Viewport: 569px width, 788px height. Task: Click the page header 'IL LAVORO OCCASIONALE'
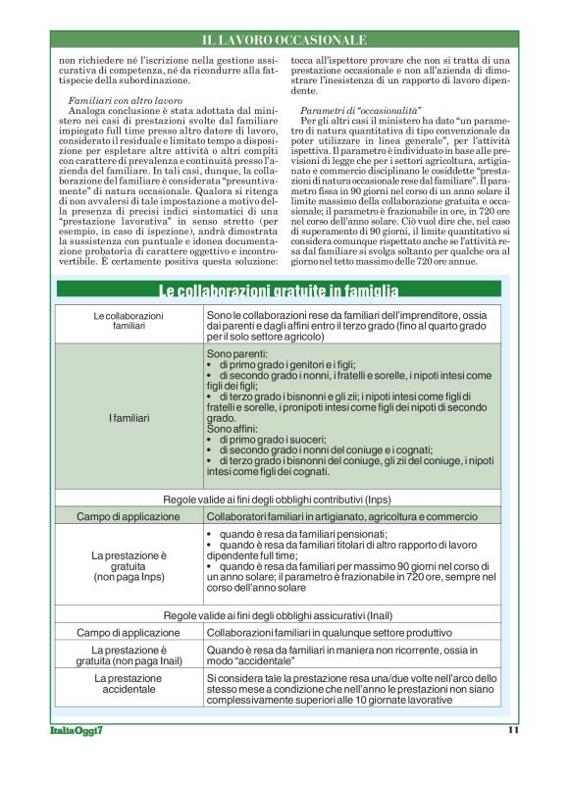(x=284, y=40)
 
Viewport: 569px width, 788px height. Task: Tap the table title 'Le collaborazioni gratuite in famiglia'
(x=279, y=290)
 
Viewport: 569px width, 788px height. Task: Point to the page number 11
(x=513, y=729)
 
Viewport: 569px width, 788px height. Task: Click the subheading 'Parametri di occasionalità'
(x=348, y=113)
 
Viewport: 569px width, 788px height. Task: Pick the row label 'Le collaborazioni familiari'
(x=129, y=320)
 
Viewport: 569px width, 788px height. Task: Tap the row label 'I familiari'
(x=129, y=418)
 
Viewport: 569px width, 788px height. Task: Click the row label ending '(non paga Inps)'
(x=129, y=566)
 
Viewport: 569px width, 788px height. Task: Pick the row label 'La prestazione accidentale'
(x=129, y=684)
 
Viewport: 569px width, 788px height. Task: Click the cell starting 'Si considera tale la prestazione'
(x=352, y=689)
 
